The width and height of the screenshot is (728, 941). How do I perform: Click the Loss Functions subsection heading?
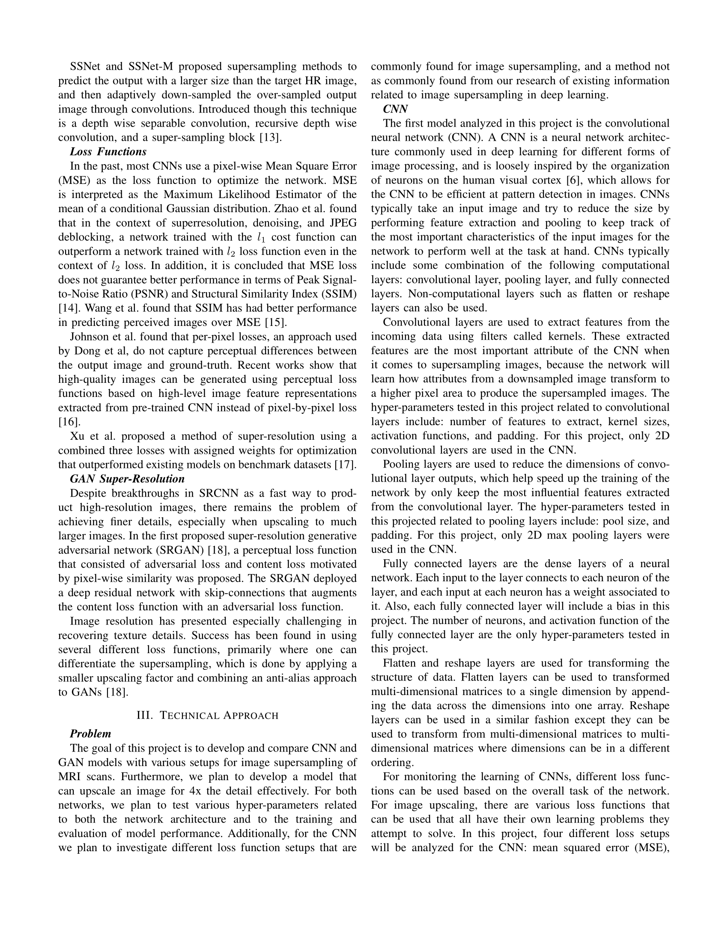(108, 152)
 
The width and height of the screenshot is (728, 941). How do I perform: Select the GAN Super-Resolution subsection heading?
(127, 479)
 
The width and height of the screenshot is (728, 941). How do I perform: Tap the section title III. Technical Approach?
(207, 715)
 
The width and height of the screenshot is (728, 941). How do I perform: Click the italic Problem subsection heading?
(90, 733)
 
